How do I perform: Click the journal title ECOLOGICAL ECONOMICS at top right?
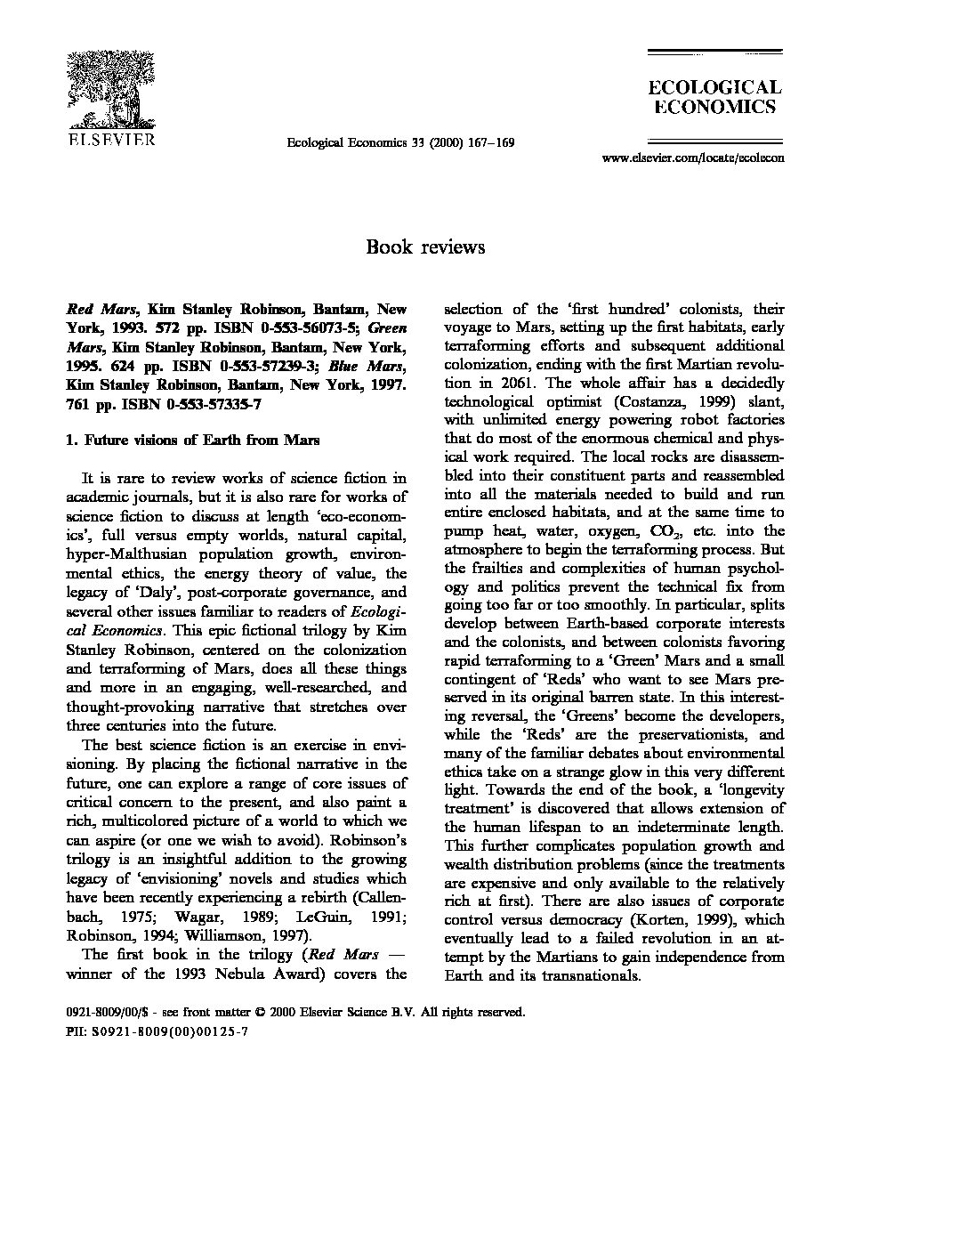tap(714, 97)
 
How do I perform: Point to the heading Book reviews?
tap(424, 247)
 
